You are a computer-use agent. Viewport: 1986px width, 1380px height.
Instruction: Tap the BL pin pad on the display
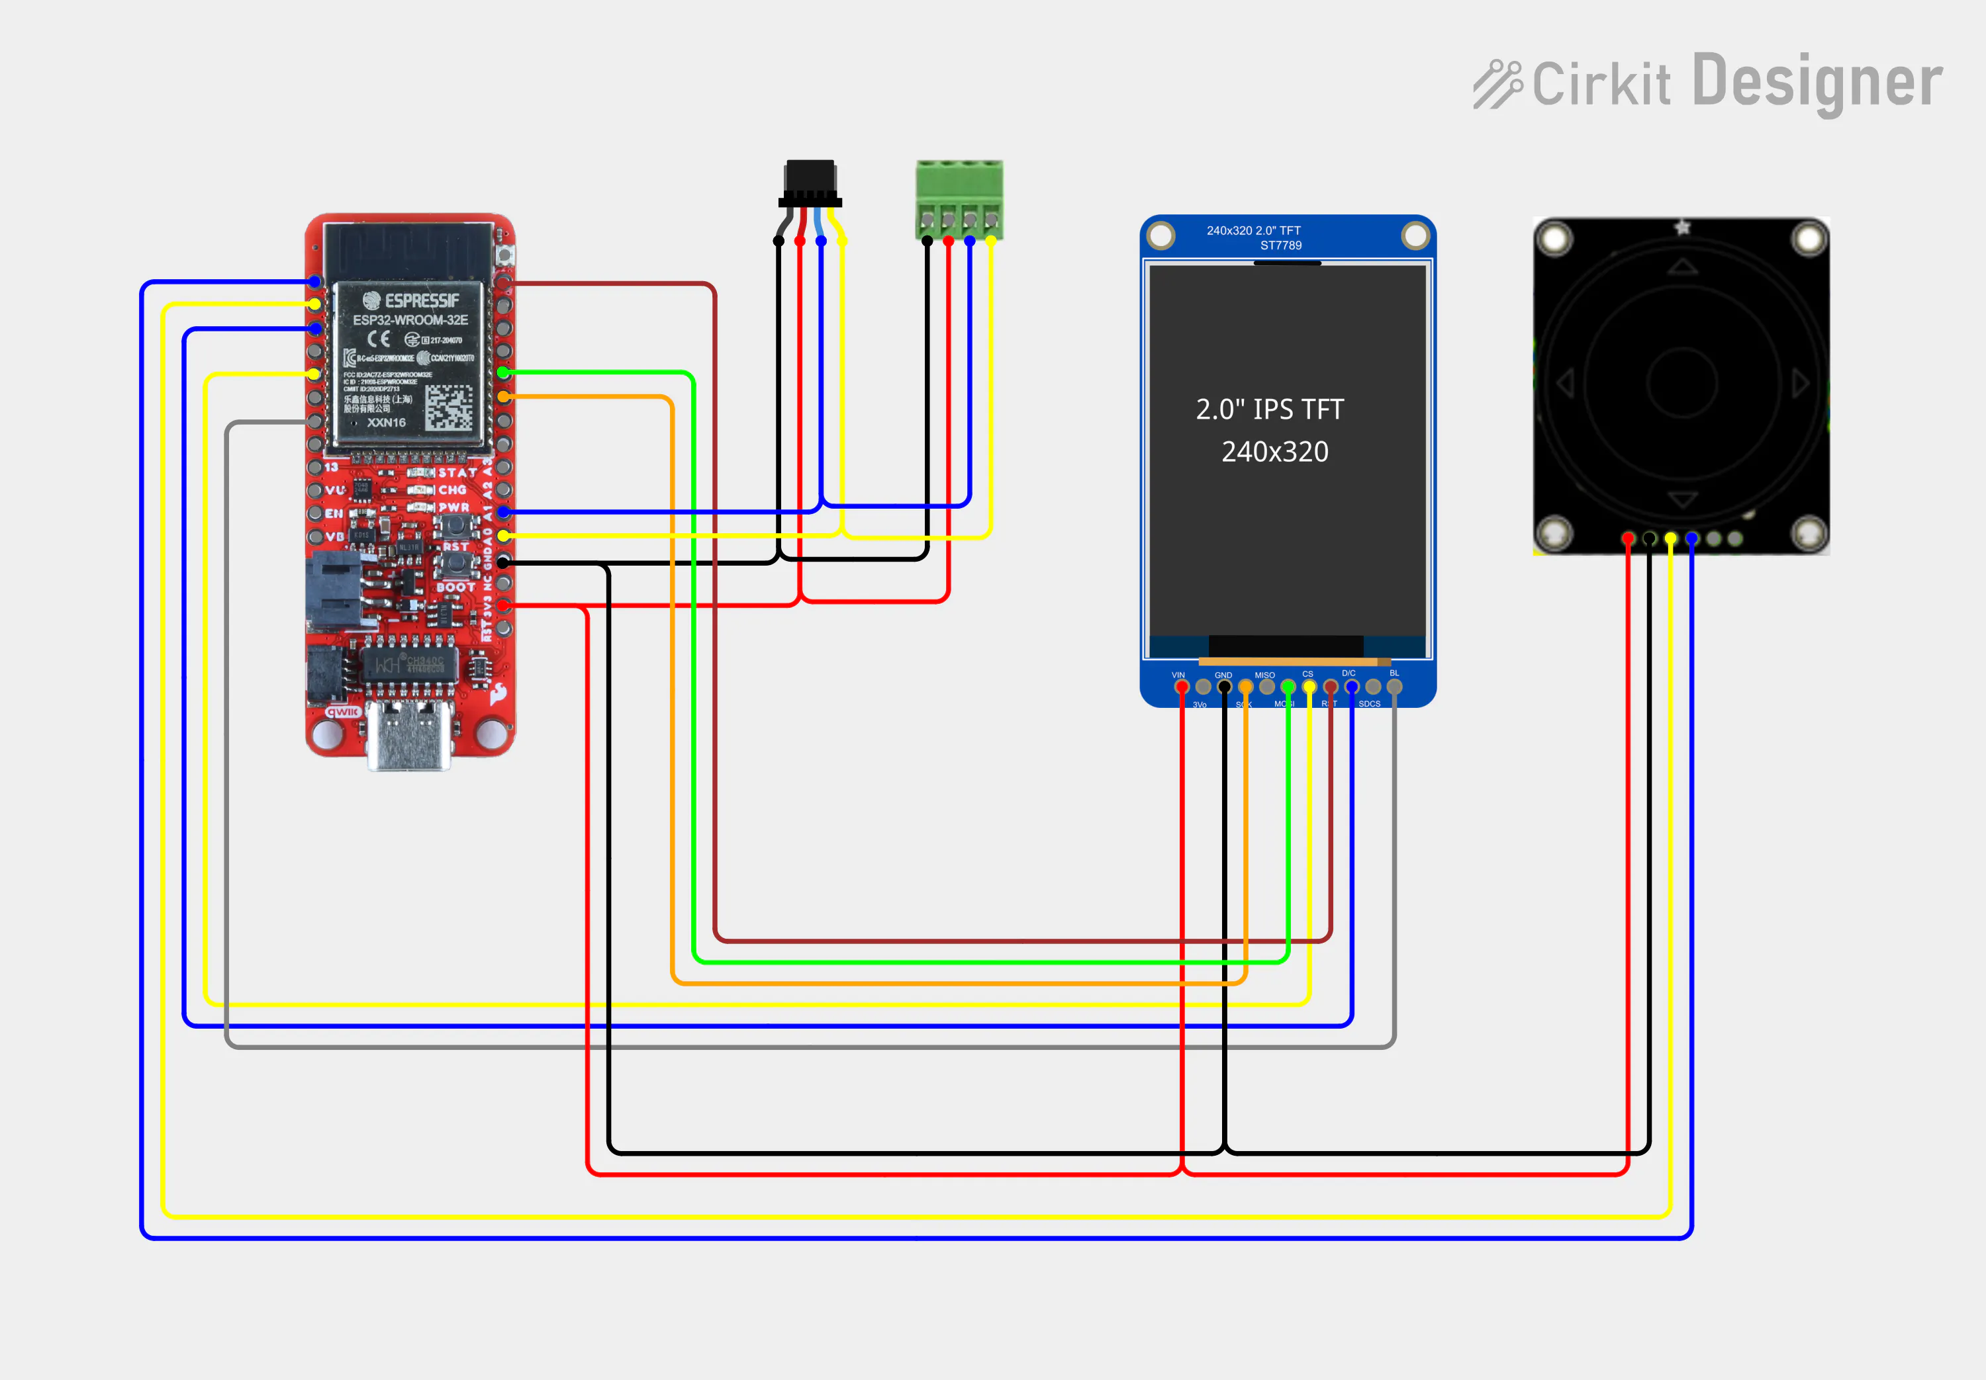(1394, 687)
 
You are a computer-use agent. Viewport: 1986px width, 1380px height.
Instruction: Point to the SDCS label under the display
(1369, 704)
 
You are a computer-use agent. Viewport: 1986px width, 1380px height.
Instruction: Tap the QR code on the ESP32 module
(449, 408)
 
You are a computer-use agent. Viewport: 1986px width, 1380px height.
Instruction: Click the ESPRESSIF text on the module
(420, 301)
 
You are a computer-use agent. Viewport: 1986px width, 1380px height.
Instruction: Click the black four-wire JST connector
(810, 183)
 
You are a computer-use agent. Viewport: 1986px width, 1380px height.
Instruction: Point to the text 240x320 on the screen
(1275, 451)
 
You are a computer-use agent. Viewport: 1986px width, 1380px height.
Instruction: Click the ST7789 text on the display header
(1280, 245)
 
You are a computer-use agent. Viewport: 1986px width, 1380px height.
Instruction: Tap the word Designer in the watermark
(1817, 82)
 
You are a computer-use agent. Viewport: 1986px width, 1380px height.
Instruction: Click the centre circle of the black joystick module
(1681, 383)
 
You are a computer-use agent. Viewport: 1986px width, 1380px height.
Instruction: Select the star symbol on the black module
(1682, 228)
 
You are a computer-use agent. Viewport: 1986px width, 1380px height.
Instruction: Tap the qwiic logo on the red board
(342, 712)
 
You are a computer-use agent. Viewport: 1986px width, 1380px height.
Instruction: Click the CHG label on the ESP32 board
(452, 490)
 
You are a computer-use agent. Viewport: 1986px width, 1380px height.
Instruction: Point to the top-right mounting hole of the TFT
(1415, 236)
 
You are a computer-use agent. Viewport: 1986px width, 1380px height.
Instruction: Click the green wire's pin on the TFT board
(1288, 687)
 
